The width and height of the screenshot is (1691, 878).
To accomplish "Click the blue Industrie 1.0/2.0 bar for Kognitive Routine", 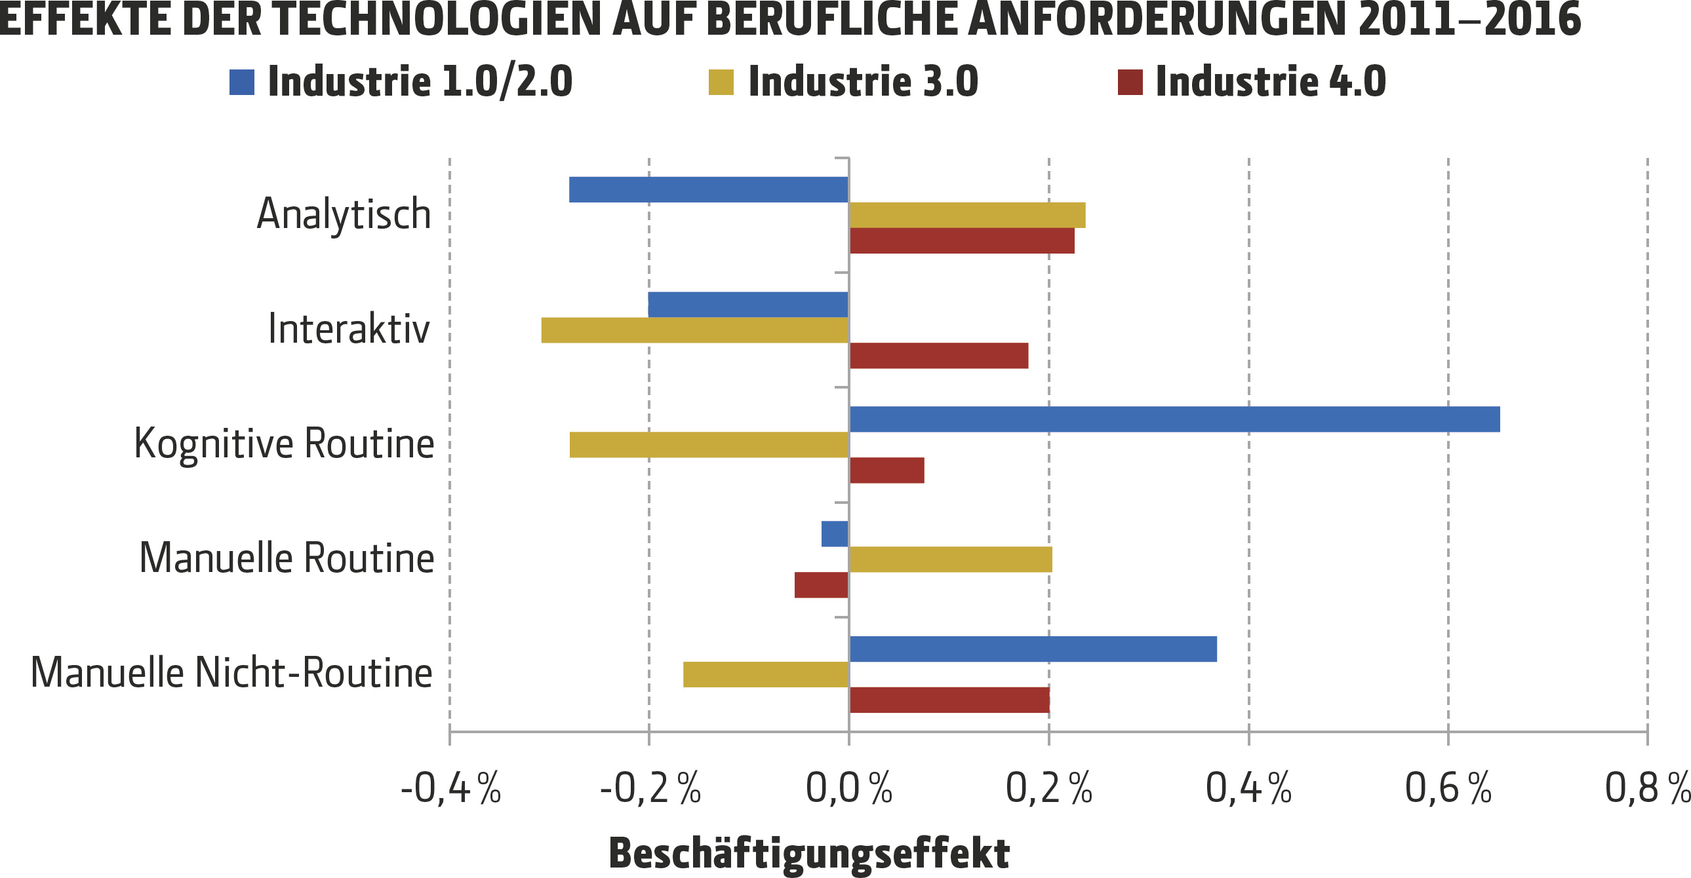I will click(x=1174, y=419).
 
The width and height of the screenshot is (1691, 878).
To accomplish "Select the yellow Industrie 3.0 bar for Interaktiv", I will click(x=694, y=330).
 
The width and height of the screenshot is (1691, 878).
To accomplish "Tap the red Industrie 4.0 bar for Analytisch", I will click(x=962, y=241).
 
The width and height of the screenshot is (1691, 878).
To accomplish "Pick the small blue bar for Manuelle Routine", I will click(x=834, y=533).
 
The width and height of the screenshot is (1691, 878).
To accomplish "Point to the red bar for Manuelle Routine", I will click(x=821, y=584).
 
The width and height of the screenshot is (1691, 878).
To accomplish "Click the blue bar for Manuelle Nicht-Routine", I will click(x=1033, y=649).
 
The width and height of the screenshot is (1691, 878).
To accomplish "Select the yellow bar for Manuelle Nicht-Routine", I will click(x=765, y=675).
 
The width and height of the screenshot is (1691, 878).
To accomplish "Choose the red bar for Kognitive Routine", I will click(x=886, y=470).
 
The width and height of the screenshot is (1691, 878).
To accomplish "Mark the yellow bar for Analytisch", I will click(x=967, y=215).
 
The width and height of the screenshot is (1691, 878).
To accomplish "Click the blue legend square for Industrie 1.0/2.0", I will click(x=241, y=82).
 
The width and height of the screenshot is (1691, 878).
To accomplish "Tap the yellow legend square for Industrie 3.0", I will click(x=721, y=82).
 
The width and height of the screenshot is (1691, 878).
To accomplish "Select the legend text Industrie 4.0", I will click(x=1270, y=82).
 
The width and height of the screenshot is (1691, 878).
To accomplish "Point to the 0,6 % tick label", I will click(x=1448, y=788).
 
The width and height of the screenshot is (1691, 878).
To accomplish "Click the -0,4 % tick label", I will click(x=450, y=788).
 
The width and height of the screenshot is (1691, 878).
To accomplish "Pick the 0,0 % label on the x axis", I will click(x=848, y=788).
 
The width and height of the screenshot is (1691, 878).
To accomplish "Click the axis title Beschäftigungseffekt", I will click(x=808, y=854).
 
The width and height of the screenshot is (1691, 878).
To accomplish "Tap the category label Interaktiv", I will click(x=349, y=329).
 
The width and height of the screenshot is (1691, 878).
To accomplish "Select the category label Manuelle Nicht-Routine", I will click(x=231, y=674).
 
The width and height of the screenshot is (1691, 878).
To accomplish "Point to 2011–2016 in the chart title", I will click(x=1469, y=20).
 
